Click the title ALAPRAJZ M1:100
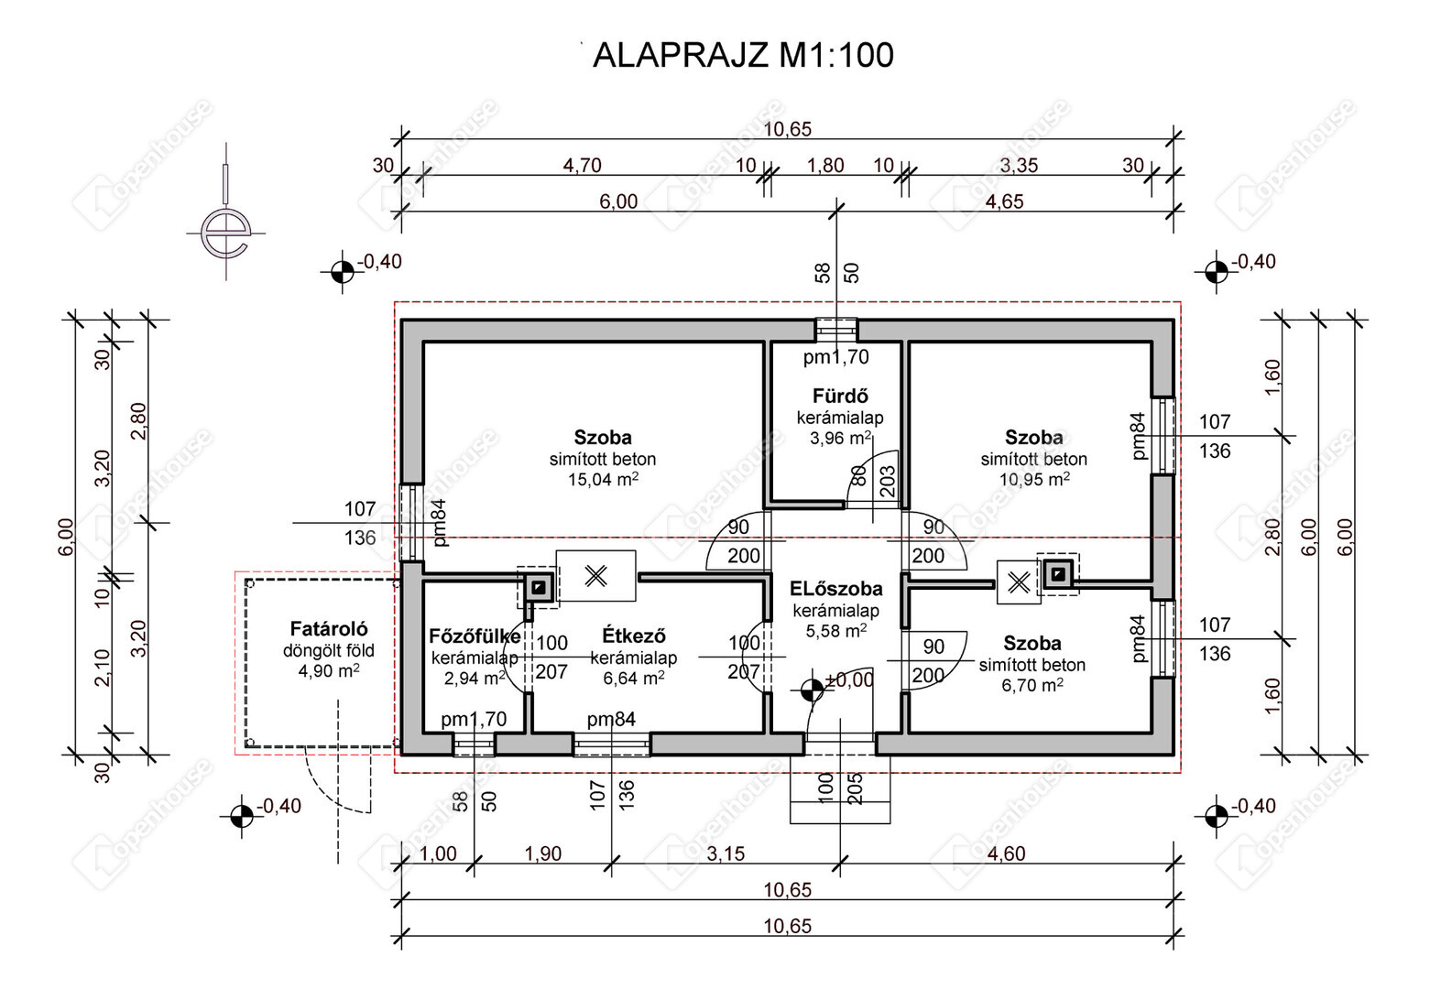(743, 56)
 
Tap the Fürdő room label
(840, 397)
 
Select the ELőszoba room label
(835, 589)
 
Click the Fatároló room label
(329, 629)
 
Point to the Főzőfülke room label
(474, 636)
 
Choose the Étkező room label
(634, 636)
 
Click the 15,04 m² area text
(603, 479)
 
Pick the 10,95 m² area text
(1034, 479)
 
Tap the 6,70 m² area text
(1032, 685)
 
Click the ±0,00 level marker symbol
(812, 690)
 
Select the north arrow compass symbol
(226, 231)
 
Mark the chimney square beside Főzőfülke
(539, 587)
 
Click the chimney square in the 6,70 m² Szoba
(1058, 574)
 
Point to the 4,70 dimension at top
(582, 166)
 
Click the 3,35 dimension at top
(1019, 166)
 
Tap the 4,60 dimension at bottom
(1006, 854)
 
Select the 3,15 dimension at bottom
(726, 854)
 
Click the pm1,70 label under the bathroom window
(835, 358)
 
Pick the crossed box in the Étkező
(595, 576)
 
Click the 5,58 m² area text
(835, 631)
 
